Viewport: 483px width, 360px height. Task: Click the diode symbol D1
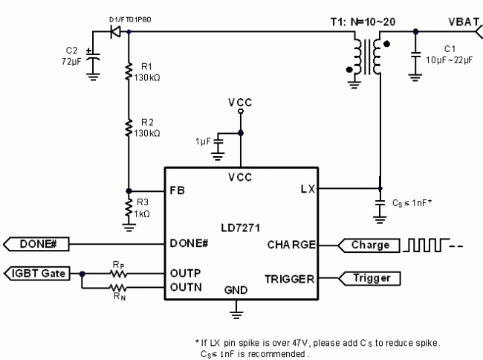pyautogui.click(x=115, y=32)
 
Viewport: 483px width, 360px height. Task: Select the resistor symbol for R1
pyautogui.click(x=129, y=71)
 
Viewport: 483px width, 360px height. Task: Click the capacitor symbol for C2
pyautogui.click(x=93, y=57)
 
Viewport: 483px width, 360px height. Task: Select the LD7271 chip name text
pyautogui.click(x=239, y=225)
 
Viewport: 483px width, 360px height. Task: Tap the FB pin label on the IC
pyautogui.click(x=178, y=190)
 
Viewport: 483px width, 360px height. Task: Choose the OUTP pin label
pyautogui.click(x=186, y=272)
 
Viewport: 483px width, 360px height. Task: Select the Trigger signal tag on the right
pyautogui.click(x=369, y=278)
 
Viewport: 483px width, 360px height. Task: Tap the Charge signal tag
pyautogui.click(x=369, y=244)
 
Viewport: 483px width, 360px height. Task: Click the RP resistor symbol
pyautogui.click(x=117, y=273)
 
